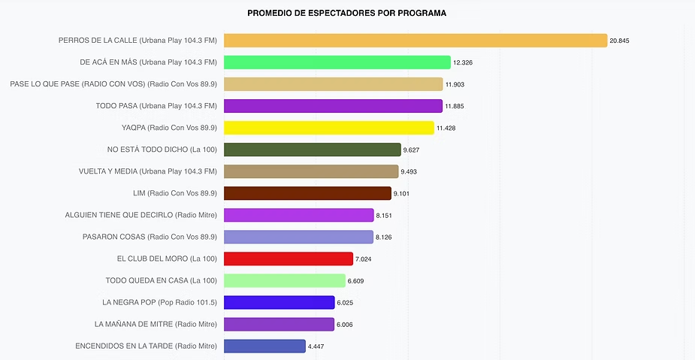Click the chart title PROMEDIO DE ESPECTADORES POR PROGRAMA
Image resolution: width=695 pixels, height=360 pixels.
click(346, 14)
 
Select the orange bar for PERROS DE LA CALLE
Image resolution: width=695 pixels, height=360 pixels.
click(415, 41)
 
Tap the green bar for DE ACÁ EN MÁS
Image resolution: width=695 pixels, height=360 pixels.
click(337, 62)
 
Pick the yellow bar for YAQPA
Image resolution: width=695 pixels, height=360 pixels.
click(328, 128)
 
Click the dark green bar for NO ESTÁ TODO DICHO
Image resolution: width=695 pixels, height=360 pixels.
click(312, 150)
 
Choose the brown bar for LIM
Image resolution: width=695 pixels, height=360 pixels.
click(307, 193)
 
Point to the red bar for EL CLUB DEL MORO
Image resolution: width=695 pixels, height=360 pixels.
click(288, 259)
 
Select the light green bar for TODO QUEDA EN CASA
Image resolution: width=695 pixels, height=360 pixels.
click(284, 280)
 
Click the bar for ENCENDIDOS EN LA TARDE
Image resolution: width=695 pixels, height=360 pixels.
click(264, 346)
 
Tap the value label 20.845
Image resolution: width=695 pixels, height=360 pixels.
click(619, 41)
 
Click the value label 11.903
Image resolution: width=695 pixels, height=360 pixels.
click(455, 84)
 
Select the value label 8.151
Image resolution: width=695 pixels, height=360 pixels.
click(384, 216)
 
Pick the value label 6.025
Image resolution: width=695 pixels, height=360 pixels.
click(345, 303)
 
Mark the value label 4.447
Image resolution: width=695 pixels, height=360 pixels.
click(316, 346)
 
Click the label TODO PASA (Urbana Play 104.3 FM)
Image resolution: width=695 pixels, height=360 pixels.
click(156, 106)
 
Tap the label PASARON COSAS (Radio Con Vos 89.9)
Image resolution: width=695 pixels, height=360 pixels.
click(150, 237)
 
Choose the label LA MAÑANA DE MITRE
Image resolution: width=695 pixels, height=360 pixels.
click(156, 324)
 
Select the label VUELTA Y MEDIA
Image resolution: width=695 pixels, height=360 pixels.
click(147, 171)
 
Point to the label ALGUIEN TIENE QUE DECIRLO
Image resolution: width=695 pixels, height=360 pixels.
click(141, 215)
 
